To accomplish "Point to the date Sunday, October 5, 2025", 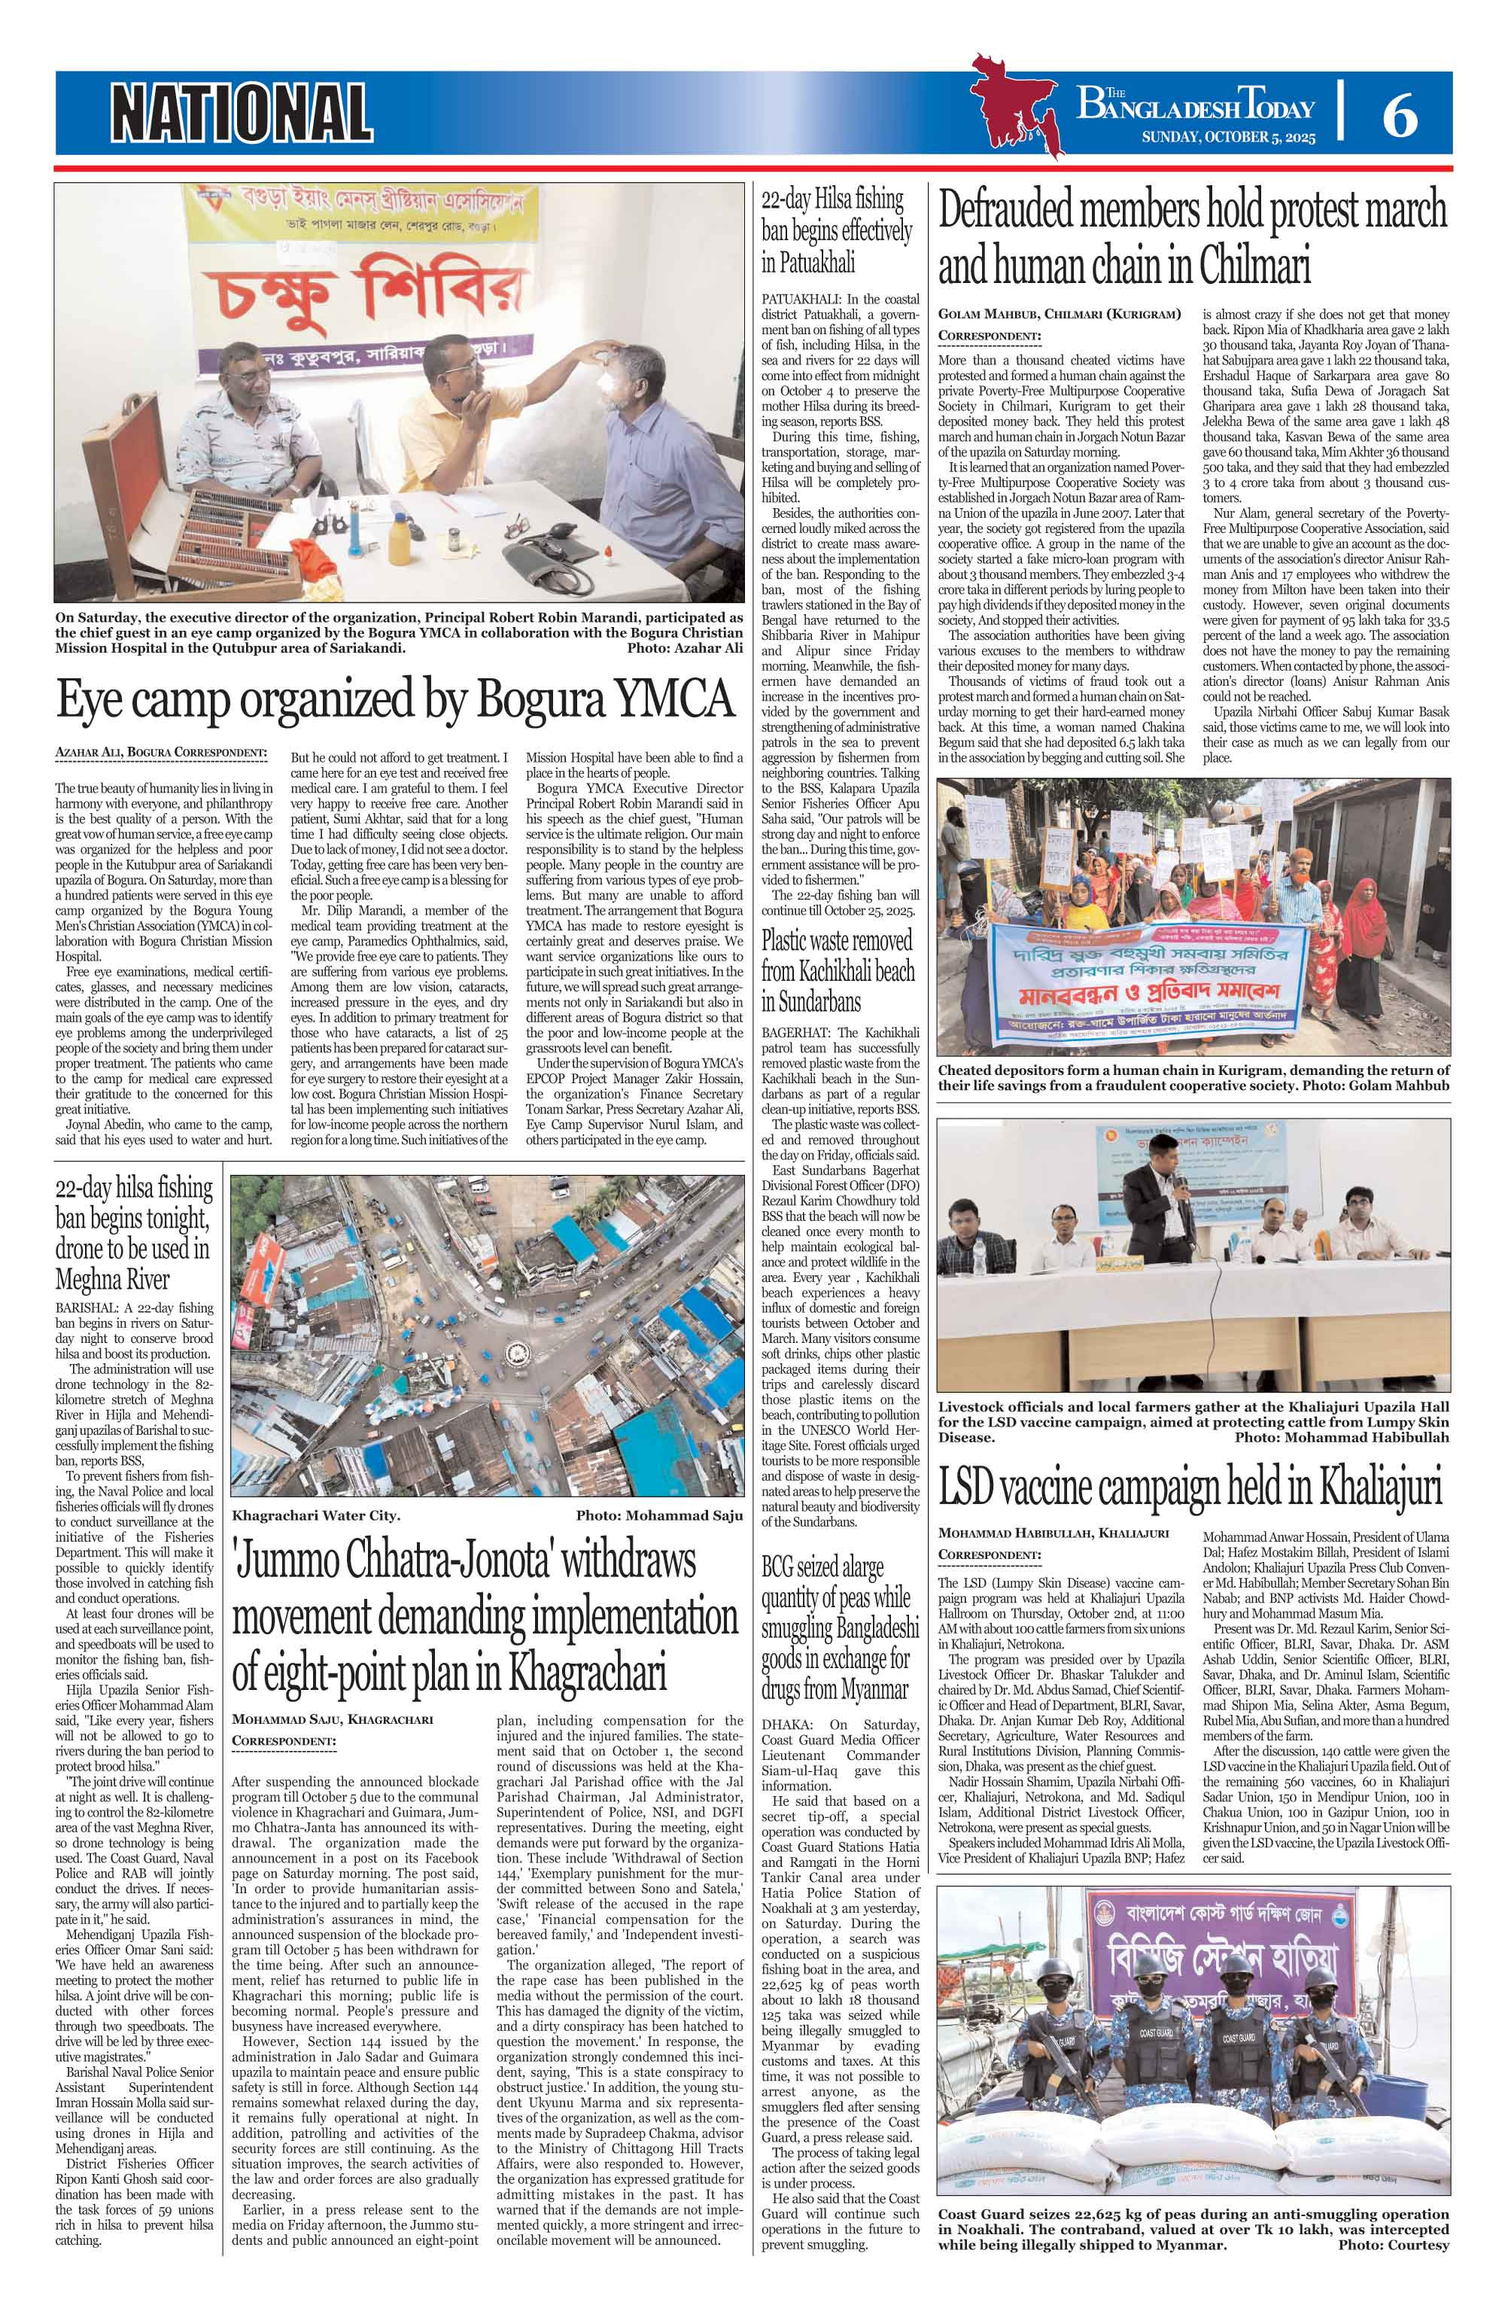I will [1227, 138].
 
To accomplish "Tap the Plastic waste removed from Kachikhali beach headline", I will [837, 970].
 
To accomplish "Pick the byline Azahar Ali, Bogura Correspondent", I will [161, 753].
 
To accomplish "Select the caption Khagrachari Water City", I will [315, 1515].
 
